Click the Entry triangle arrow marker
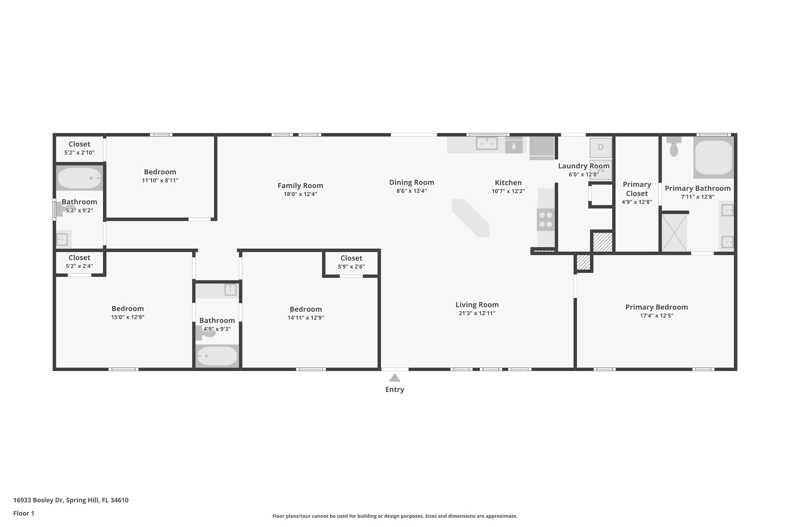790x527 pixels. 394,378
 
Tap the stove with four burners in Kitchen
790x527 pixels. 545,220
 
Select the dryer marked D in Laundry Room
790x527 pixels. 601,147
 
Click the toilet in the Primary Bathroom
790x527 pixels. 674,146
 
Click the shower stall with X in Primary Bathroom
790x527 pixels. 674,232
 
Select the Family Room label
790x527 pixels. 300,186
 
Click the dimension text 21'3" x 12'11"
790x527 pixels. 477,313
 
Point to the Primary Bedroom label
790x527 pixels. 656,307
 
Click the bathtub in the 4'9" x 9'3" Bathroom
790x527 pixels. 216,356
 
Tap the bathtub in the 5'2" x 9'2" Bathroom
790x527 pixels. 79,178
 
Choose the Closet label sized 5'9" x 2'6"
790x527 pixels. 351,258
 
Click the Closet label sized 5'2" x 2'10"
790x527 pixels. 79,144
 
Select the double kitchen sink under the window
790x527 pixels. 487,144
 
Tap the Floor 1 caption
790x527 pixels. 24,513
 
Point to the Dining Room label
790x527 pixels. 411,182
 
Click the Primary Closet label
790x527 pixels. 636,189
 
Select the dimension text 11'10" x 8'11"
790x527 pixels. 160,180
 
